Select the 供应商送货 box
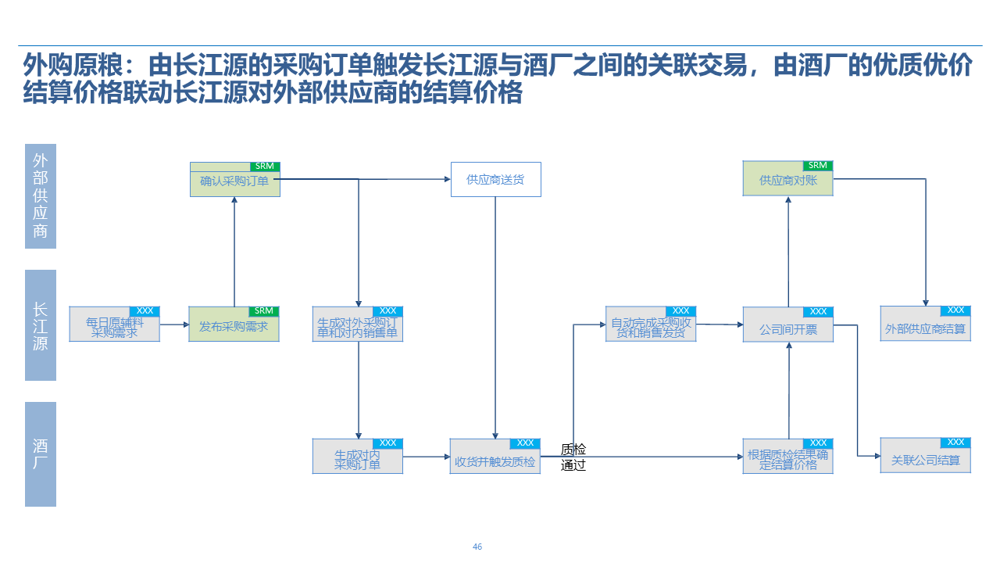495,180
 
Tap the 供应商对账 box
787,181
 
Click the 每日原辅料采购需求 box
114,328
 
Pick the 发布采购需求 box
234,328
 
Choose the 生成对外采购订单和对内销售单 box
357,328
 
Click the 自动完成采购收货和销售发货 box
650,328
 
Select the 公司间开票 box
787,330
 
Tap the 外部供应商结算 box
925,329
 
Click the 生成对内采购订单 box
357,460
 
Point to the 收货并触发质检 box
495,461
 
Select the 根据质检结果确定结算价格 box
787,460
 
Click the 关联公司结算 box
925,461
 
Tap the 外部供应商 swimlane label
41,196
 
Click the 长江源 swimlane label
41,325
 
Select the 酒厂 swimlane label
41,454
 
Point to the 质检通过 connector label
573,457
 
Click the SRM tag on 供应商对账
817,166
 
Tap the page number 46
477,547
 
